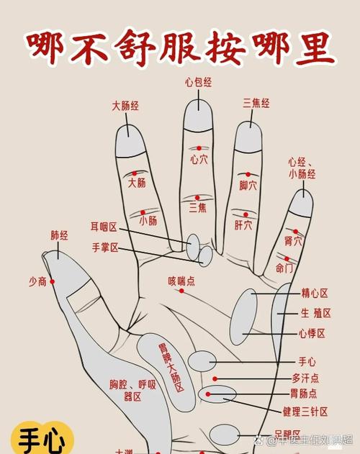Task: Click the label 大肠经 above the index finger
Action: pyautogui.click(x=125, y=106)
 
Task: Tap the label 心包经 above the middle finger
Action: pyautogui.click(x=198, y=83)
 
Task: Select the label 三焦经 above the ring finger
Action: pyautogui.click(x=256, y=104)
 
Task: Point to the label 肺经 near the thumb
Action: pyautogui.click(x=60, y=235)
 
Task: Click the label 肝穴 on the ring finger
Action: pyautogui.click(x=243, y=225)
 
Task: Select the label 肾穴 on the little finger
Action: pyautogui.click(x=293, y=240)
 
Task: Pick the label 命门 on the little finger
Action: pyautogui.click(x=284, y=268)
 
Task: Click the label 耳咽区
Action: pyautogui.click(x=104, y=227)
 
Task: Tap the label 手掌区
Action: pyautogui.click(x=105, y=248)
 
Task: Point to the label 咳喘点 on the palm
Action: pyautogui.click(x=181, y=281)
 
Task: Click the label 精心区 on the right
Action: pyautogui.click(x=315, y=294)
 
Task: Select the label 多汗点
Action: pyautogui.click(x=305, y=378)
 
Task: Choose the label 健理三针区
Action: pyautogui.click(x=305, y=412)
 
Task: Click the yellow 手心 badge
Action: pyautogui.click(x=42, y=438)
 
